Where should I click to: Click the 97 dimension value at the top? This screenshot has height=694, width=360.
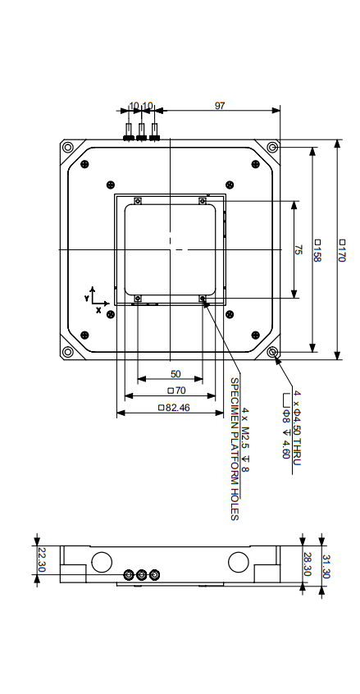[220, 106]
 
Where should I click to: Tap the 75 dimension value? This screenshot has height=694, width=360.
[298, 250]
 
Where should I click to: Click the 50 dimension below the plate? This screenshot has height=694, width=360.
[175, 374]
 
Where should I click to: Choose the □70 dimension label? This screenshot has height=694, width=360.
[175, 390]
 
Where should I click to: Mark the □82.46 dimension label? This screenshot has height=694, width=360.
[173, 408]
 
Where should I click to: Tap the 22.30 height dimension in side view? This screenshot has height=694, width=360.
[42, 562]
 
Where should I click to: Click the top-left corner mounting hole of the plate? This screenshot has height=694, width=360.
[67, 147]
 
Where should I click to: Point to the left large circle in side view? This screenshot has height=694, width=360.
[103, 562]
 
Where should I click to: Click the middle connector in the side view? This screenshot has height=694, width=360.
[141, 575]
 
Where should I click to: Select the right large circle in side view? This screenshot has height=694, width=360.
[238, 562]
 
